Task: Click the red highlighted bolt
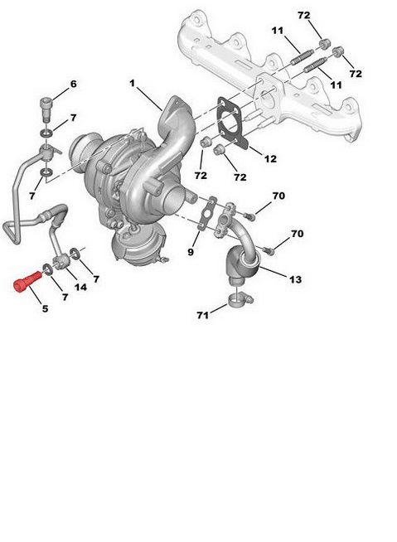[27, 282]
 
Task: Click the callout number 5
[45, 308]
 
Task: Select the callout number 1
[132, 84]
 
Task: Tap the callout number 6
[73, 84]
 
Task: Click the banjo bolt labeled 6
[46, 109]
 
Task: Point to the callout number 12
[270, 158]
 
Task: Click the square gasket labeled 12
[232, 123]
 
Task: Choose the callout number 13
[295, 279]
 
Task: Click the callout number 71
[203, 315]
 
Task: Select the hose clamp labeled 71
[240, 300]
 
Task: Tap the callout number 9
[191, 252]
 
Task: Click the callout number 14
[80, 287]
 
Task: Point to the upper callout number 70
[278, 196]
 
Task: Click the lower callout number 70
[297, 234]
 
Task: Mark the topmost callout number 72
[304, 16]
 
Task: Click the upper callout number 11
[278, 31]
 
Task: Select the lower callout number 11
[336, 85]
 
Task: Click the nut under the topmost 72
[324, 45]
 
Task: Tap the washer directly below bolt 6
[46, 133]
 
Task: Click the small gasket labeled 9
[207, 213]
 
